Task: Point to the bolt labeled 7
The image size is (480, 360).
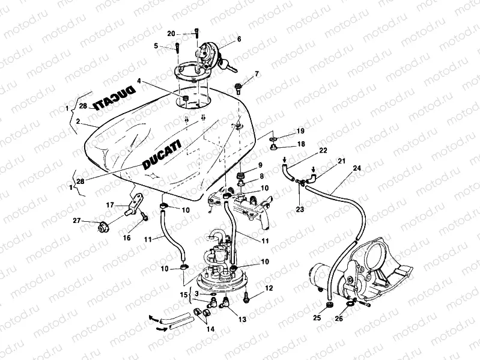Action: pos(239,88)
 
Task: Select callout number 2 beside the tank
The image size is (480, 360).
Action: pos(77,121)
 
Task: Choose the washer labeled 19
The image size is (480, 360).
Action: pos(274,139)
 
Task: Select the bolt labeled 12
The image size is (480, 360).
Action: pos(248,296)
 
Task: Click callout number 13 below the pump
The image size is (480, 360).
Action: pos(242,320)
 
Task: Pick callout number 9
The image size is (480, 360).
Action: pos(260,165)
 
